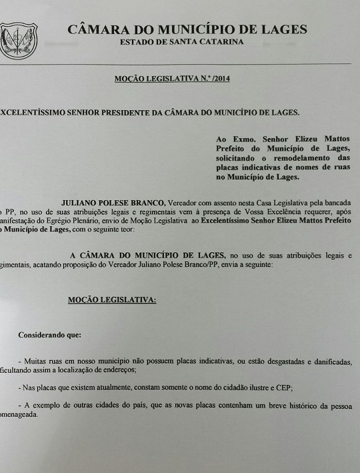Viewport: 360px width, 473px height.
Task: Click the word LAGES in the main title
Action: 281,29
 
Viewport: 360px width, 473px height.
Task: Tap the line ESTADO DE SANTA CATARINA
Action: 181,42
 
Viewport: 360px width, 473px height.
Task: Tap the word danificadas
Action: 328,361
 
